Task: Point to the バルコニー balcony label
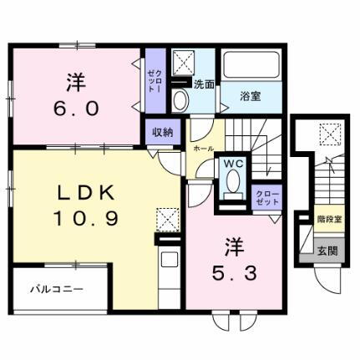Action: (57, 291)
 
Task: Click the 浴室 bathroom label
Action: (251, 96)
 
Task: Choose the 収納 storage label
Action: (162, 131)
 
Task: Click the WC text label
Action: (232, 165)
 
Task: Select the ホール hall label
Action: (203, 147)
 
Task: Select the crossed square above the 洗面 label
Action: (182, 63)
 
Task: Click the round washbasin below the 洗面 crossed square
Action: (181, 99)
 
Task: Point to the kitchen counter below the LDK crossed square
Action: (167, 267)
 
